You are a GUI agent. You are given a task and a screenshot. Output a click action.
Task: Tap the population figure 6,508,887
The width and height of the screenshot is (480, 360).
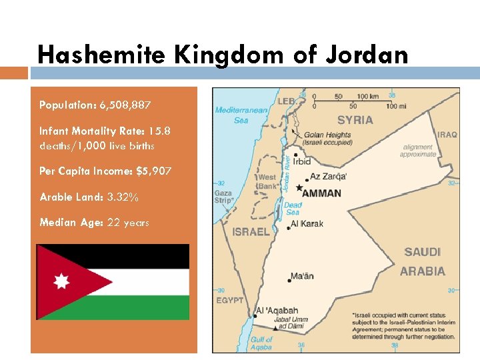[x=125, y=105]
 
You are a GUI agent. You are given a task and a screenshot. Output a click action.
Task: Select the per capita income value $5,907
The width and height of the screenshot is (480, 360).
[x=153, y=171]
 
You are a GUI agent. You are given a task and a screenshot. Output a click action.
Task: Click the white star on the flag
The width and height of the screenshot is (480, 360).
[x=61, y=281]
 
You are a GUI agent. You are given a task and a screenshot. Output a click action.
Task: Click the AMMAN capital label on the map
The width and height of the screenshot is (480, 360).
[x=321, y=193]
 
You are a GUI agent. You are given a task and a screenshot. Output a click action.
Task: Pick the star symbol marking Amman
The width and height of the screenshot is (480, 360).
[x=299, y=187]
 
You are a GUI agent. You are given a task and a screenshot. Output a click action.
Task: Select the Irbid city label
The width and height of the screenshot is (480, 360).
[x=302, y=161]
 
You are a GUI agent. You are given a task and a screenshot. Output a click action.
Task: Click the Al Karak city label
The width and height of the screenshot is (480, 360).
[x=307, y=224]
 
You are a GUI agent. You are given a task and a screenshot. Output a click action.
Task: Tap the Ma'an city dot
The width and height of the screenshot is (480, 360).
[x=289, y=281]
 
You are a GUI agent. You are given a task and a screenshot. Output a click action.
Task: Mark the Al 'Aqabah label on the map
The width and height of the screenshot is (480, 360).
[x=277, y=311]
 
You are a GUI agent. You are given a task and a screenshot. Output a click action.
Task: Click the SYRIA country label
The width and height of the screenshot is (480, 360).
[x=355, y=120]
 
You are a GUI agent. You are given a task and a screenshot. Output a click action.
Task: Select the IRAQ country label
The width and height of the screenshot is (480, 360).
[x=447, y=135]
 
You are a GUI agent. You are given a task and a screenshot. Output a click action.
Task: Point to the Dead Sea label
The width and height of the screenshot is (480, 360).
[x=293, y=209]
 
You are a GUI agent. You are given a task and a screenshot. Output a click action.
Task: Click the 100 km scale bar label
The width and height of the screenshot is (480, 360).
[x=367, y=96]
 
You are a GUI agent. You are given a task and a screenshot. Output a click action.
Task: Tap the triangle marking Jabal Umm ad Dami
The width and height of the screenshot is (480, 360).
[x=275, y=329]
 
